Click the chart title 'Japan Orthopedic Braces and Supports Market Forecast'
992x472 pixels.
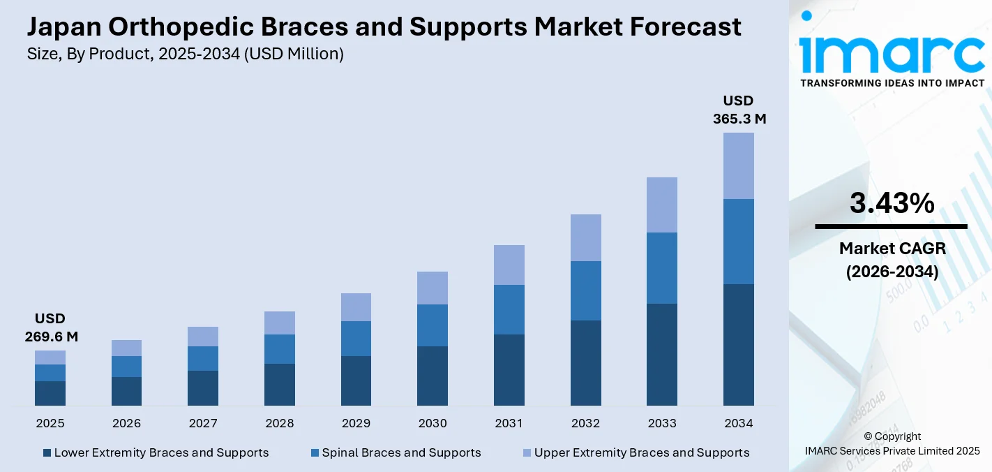(x=384, y=27)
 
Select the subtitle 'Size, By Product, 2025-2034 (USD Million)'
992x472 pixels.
(x=185, y=54)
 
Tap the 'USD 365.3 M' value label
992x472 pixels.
(x=739, y=110)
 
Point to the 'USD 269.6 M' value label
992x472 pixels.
(x=50, y=327)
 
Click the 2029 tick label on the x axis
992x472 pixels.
(x=356, y=423)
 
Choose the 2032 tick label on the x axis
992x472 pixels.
(x=585, y=423)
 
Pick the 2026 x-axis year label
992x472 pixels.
(x=126, y=423)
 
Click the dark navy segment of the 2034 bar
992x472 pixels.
(x=738, y=344)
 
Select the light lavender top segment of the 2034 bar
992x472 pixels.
(x=738, y=165)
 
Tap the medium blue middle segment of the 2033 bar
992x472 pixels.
(x=661, y=267)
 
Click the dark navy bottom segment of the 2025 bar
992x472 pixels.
(x=50, y=393)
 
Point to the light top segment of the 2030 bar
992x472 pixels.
(x=433, y=288)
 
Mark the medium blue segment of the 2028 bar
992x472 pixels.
(x=280, y=348)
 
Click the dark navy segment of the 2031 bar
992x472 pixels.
(x=509, y=369)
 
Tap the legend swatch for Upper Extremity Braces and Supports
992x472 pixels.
(x=527, y=452)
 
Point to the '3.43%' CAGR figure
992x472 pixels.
(x=892, y=203)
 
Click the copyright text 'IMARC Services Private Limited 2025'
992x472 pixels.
(x=892, y=450)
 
